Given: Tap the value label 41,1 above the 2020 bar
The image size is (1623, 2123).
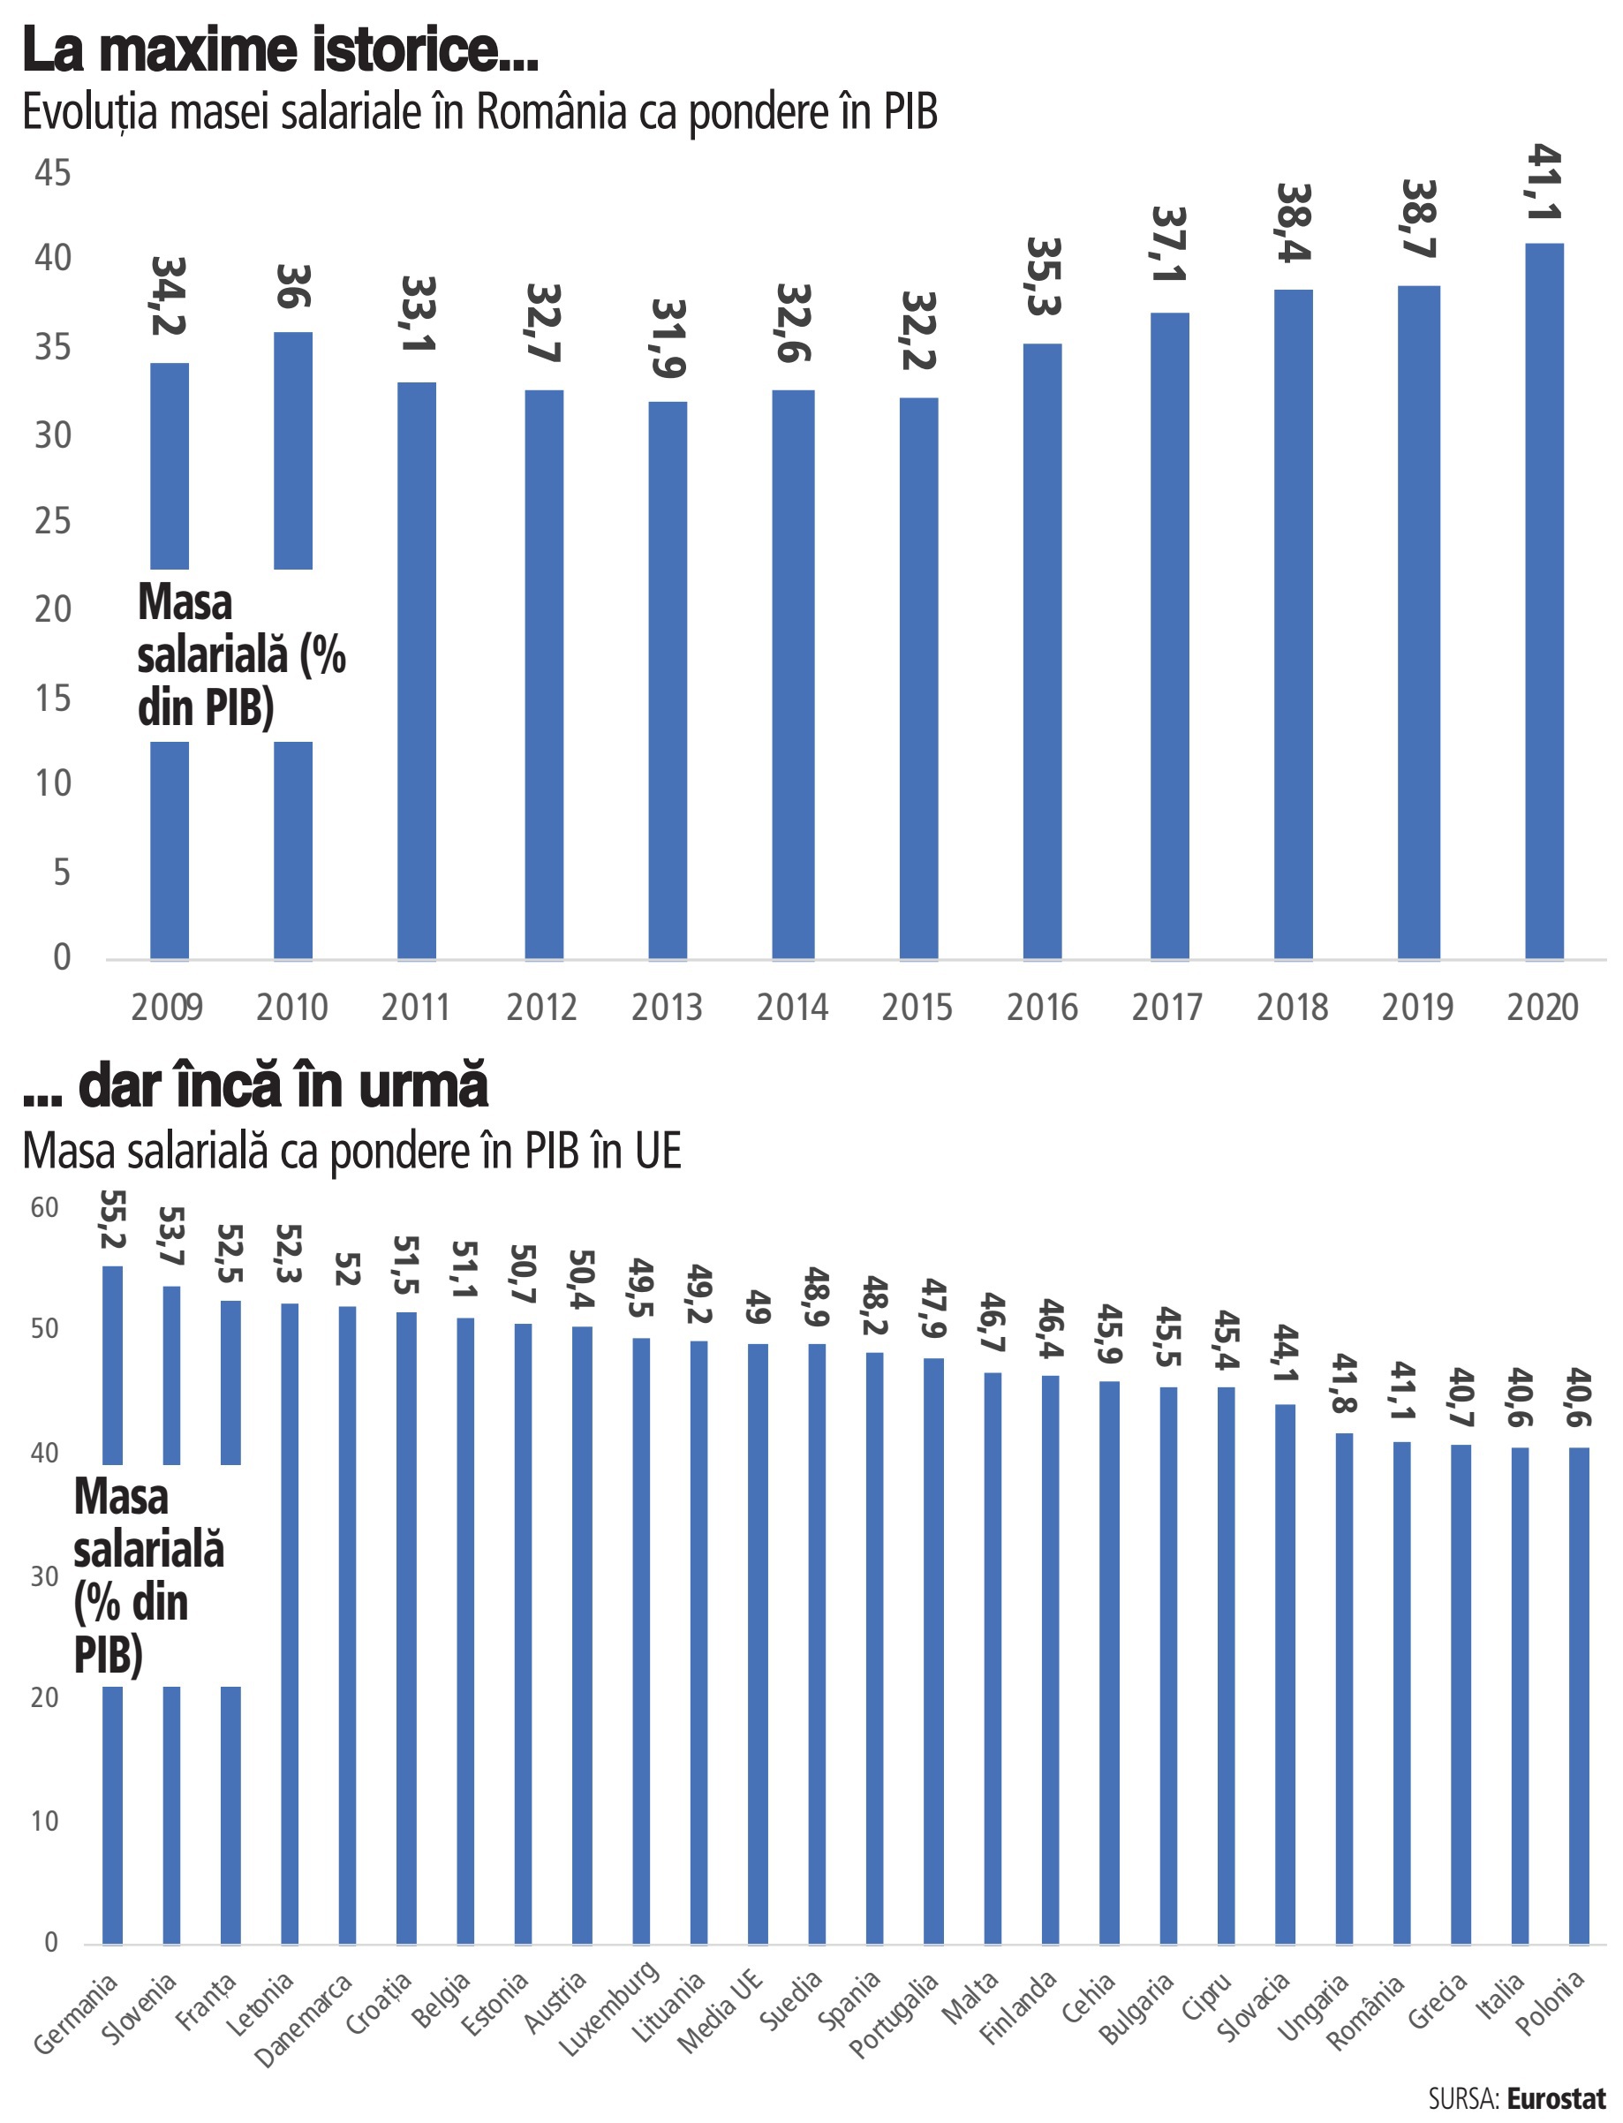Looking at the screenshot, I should click(1544, 183).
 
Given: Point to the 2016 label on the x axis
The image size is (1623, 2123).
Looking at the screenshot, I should click(1041, 1008).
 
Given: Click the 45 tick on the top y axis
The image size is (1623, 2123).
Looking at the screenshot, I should click(53, 174).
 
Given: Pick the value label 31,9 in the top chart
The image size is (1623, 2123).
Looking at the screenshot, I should click(668, 338).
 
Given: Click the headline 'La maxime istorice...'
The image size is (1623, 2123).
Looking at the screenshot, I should click(280, 50).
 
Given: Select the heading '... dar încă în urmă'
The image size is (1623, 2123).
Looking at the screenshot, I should click(256, 1085).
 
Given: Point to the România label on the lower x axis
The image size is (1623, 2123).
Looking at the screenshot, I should click(1365, 2012).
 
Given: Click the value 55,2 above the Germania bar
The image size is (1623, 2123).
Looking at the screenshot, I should click(113, 1220).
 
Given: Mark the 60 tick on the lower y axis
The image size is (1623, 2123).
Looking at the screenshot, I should click(44, 1208).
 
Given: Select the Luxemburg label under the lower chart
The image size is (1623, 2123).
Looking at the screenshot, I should click(609, 2006).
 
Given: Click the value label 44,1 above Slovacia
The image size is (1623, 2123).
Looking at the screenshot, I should click(1286, 1353).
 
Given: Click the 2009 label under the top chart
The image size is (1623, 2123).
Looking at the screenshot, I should click(167, 1008).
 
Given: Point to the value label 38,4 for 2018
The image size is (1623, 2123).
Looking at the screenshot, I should click(1294, 223).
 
